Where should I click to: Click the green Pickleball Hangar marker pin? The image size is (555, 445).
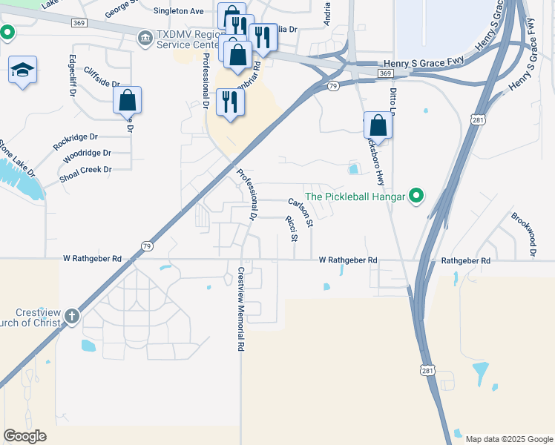416,197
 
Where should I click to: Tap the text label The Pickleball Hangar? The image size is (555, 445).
355,197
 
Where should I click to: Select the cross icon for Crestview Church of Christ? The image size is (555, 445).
72,317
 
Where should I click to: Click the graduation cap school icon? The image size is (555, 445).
22,70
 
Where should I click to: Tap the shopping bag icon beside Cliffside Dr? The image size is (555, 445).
127,100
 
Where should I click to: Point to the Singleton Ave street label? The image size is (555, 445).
178,11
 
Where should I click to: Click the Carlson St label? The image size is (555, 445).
301,211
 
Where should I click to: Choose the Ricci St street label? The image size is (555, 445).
291,228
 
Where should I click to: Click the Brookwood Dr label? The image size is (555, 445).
522,234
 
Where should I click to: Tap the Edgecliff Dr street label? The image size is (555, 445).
73,76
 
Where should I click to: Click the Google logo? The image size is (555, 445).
24,436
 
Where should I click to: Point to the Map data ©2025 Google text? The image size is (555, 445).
508,439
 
